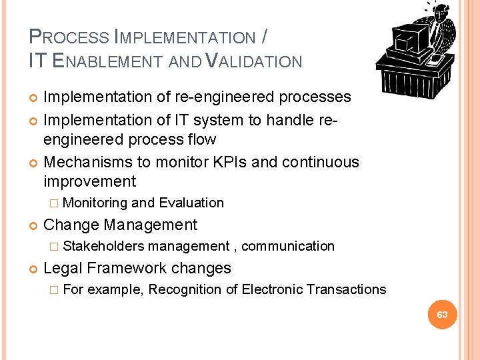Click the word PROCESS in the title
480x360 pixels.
(x=69, y=37)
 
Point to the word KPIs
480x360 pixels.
(x=257, y=162)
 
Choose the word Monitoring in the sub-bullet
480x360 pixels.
(x=95, y=203)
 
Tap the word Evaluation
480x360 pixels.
(x=191, y=203)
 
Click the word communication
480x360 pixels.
(x=288, y=246)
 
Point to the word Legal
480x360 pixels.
(x=63, y=268)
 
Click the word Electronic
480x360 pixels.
(x=273, y=289)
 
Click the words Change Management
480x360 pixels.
(x=120, y=225)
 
